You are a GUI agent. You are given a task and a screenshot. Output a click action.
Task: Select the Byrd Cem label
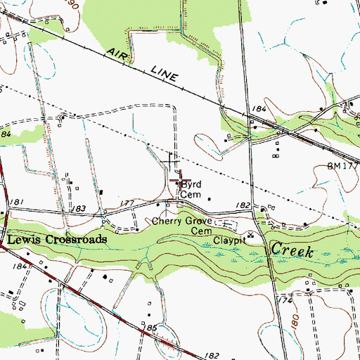click(x=191, y=189)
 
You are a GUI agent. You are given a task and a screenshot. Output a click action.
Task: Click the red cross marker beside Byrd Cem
click(x=176, y=180)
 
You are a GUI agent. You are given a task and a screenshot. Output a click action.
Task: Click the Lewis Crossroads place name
click(x=58, y=240)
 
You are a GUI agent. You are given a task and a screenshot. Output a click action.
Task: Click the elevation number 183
click(x=79, y=209)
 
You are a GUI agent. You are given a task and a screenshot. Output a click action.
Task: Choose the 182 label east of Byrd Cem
click(x=243, y=205)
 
